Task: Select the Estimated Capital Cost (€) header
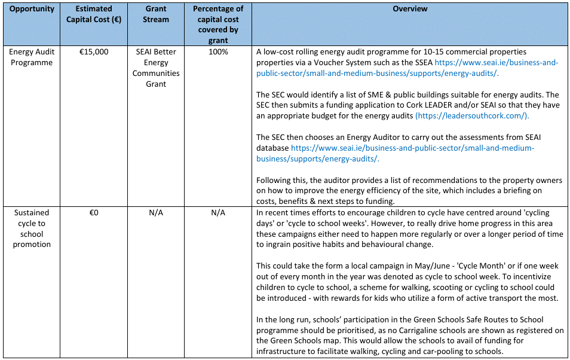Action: point(94,14)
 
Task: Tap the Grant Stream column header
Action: point(156,14)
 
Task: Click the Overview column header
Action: point(410,9)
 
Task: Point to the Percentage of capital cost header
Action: point(218,25)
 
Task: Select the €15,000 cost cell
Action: point(94,52)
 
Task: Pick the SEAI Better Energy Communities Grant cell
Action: point(156,68)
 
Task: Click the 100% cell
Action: point(218,52)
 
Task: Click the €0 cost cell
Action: point(94,212)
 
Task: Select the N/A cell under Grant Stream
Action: point(156,212)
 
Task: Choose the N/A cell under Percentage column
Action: point(218,212)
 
